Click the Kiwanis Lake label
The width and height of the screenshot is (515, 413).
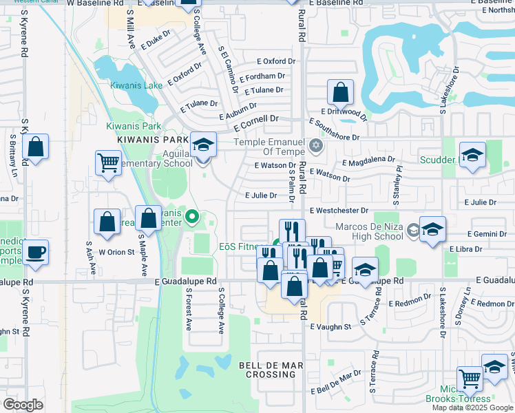point(136,85)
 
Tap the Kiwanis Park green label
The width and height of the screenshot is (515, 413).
point(133,126)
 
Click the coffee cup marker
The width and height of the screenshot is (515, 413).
point(35,252)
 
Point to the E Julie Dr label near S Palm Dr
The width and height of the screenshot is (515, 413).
point(261,195)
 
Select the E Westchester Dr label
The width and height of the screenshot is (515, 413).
point(339,211)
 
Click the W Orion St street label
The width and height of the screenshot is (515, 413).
point(116,252)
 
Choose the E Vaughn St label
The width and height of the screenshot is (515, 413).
point(330,326)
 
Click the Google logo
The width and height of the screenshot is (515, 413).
point(23,404)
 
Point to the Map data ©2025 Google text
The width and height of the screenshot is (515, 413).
point(472,407)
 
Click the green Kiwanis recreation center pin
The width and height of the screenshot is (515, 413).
point(193,219)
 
